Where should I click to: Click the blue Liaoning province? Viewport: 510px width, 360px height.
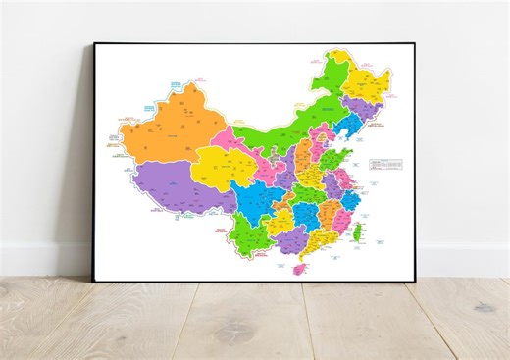345,128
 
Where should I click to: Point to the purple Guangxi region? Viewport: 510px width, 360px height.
288,238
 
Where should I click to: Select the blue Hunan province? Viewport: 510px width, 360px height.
303,215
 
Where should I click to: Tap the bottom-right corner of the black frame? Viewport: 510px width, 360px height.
416,281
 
